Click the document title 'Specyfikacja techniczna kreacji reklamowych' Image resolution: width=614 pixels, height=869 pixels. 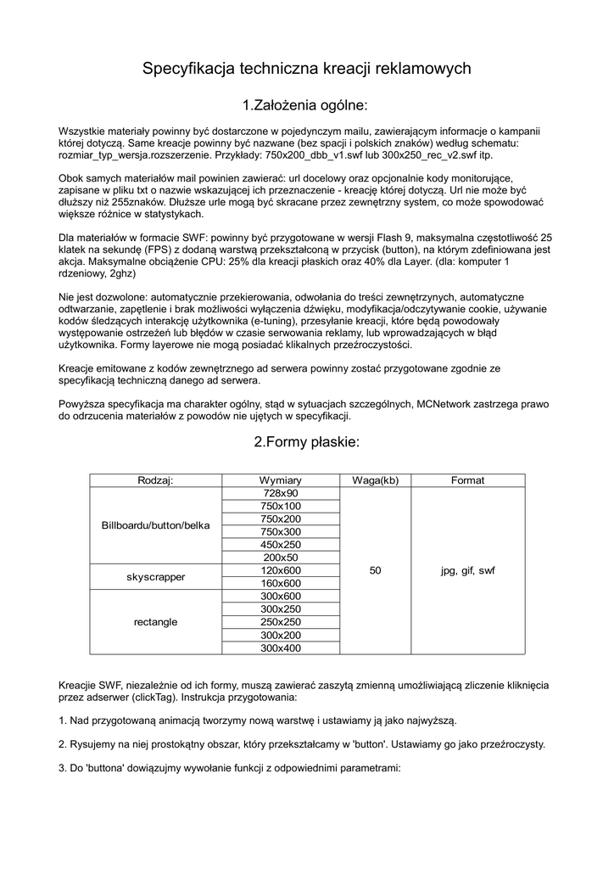[306, 68]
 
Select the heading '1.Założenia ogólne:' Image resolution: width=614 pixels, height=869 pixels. [305, 105]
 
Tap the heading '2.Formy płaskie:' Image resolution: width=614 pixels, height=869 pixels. [306, 442]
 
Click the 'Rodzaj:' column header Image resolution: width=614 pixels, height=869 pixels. [155, 480]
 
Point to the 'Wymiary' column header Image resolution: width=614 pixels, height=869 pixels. [280, 480]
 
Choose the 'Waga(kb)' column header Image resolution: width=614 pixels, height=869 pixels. [375, 480]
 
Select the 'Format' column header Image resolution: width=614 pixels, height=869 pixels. [467, 480]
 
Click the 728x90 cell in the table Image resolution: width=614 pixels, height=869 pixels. [280, 493]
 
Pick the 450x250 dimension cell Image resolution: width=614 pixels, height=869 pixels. [280, 545]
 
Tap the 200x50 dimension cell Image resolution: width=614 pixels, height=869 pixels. [280, 558]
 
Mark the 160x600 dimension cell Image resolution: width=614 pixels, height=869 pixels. [280, 584]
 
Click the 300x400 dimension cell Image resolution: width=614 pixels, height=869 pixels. [280, 648]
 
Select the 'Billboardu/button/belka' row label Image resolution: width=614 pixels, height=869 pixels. [155, 525]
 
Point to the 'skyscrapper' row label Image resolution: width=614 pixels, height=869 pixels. [155, 577]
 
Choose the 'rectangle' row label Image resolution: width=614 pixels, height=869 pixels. [155, 622]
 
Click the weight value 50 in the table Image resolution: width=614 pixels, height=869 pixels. [375, 571]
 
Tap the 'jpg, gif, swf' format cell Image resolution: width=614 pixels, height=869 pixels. [467, 571]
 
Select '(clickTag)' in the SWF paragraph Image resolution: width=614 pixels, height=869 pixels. [155, 697]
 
